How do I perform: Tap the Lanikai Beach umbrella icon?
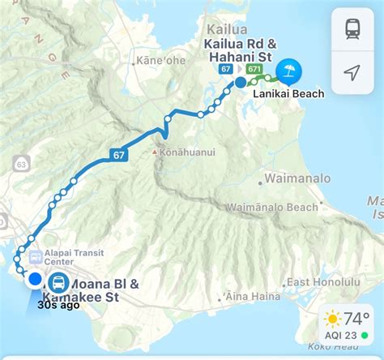(x=287, y=71)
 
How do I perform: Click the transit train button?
(x=352, y=29)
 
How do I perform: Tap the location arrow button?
(x=352, y=72)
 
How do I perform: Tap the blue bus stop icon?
(x=58, y=283)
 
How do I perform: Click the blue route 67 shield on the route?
(x=118, y=154)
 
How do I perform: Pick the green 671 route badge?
(x=255, y=70)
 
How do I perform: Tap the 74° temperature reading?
(x=356, y=318)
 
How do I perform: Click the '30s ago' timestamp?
(x=59, y=305)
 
